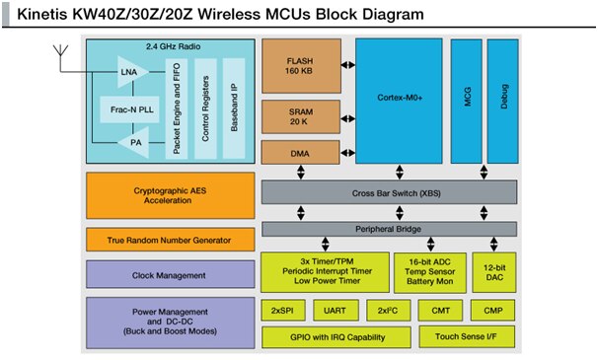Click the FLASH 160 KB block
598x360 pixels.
point(299,66)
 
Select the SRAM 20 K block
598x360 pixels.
point(299,116)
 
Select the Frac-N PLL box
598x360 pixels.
point(125,108)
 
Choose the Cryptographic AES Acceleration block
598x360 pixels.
point(159,195)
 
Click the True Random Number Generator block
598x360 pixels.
point(159,240)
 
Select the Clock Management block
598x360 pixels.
point(159,275)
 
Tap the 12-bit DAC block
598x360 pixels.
point(495,272)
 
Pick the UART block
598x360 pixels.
point(334,310)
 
